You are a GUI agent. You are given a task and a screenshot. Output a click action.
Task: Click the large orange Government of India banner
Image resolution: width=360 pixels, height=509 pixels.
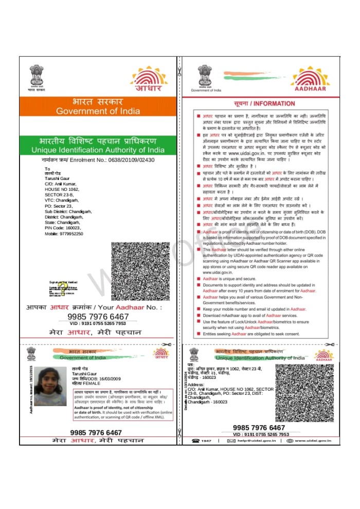coord(98,106)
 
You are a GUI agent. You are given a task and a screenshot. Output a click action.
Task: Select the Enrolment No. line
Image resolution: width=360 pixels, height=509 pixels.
coord(98,160)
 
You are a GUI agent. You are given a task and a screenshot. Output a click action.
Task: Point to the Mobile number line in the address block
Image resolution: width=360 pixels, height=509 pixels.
coord(64,234)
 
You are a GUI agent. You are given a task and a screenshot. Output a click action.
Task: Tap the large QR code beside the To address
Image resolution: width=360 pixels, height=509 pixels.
coord(140,270)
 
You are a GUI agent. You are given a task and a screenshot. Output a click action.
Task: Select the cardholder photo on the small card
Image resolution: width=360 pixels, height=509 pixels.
coord(50,385)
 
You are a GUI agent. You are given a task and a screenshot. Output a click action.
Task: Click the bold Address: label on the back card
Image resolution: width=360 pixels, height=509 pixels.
coord(196,385)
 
